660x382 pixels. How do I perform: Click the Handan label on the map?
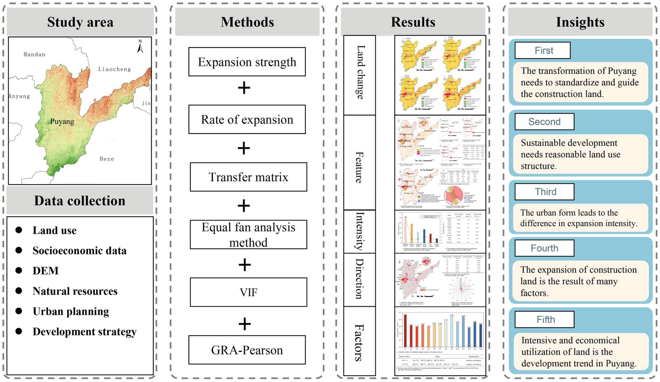click(34, 54)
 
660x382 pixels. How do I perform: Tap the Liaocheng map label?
click(114, 69)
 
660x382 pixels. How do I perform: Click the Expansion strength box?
click(247, 62)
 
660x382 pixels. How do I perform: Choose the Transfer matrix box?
click(248, 177)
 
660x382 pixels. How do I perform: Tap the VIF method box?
click(248, 292)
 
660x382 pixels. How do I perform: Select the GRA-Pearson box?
click(247, 350)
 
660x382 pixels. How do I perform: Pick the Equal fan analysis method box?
click(248, 235)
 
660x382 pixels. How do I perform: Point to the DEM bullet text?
click(46, 271)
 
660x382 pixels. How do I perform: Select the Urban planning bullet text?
click(71, 311)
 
